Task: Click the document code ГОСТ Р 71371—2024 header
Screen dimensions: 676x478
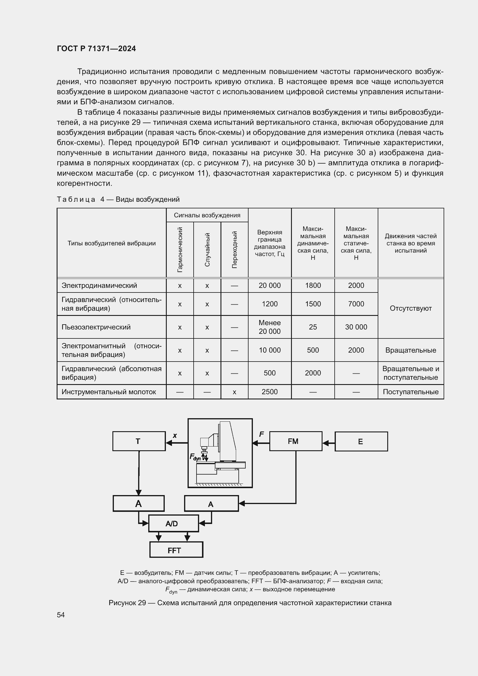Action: [96, 49]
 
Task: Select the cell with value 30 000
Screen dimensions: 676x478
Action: [356, 327]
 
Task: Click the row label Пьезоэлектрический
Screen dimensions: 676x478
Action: [96, 327]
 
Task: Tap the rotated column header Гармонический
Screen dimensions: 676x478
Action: [180, 249]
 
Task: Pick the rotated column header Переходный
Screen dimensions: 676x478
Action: [234, 249]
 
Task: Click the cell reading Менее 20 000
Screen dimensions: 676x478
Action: [269, 327]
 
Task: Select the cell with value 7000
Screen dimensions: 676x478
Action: [356, 304]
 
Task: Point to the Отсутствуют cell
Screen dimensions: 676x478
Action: [410, 308]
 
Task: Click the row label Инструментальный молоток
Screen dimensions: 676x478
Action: [109, 392]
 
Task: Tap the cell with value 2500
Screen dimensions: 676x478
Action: [269, 392]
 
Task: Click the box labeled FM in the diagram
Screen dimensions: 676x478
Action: [296, 441]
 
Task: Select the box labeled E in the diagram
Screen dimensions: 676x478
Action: [361, 441]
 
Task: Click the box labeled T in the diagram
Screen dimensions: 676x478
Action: [139, 441]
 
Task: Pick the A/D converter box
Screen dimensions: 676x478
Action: [173, 523]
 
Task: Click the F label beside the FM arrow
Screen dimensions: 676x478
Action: [261, 434]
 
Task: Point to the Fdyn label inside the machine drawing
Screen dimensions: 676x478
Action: [195, 457]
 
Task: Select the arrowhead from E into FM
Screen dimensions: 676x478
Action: [325, 443]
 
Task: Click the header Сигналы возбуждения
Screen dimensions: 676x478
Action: [207, 215]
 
